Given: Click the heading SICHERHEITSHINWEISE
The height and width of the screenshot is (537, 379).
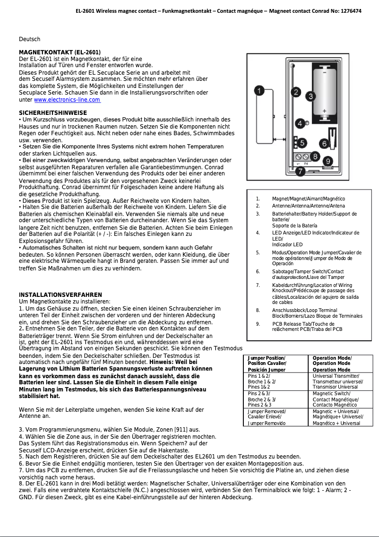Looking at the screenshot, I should [52, 113].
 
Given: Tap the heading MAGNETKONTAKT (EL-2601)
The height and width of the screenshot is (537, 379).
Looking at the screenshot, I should [60, 52].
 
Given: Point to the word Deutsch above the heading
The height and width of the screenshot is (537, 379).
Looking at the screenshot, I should [29, 39].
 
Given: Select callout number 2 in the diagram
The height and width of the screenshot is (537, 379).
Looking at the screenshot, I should [296, 92].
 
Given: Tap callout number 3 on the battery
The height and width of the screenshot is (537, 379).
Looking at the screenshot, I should [310, 96].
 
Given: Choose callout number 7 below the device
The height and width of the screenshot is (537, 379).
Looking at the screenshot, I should [300, 172].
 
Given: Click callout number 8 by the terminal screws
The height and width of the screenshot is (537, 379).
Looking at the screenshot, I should [315, 155].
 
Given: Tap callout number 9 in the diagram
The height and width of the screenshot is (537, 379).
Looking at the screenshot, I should [328, 161].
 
